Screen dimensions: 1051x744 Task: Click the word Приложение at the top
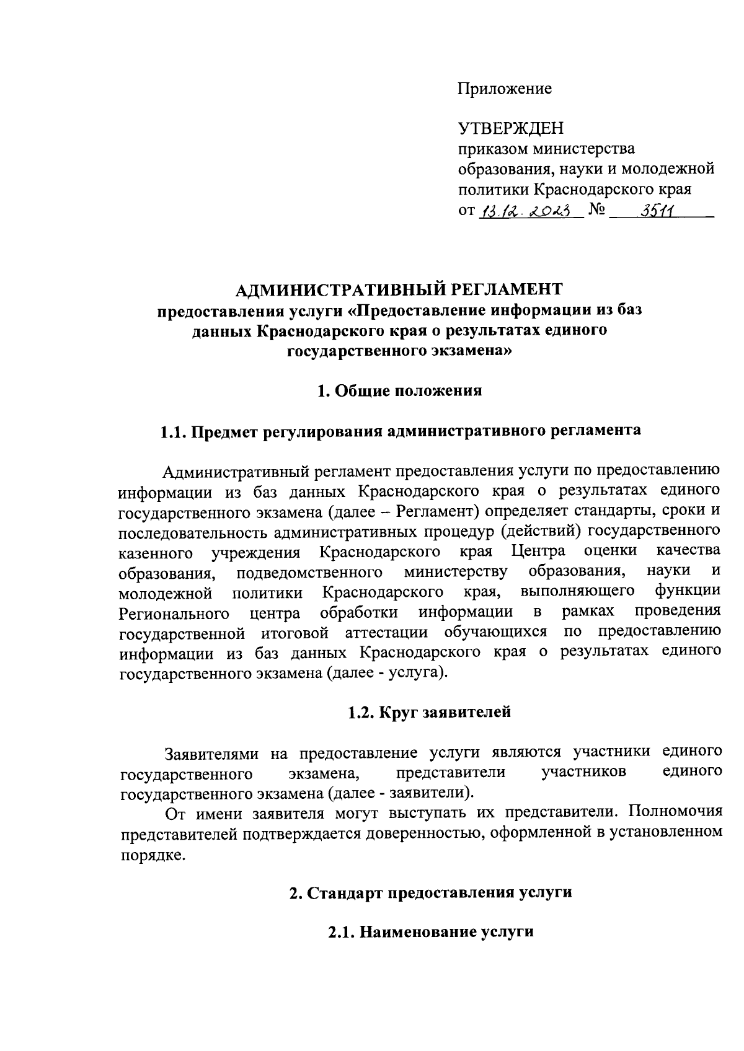505,89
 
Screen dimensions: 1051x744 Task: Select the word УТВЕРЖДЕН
511,129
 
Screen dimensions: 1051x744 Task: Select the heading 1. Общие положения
399,391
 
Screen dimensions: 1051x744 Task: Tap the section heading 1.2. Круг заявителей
429,712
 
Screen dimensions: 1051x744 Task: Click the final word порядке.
152,855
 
